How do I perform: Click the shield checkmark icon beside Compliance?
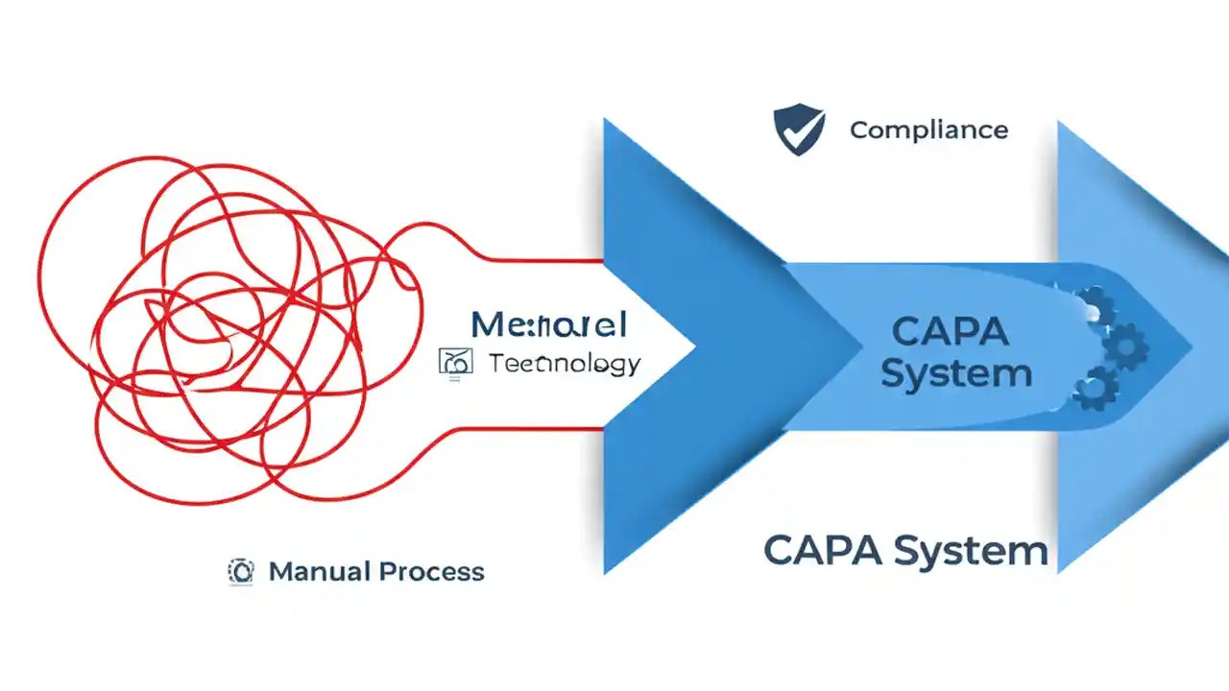pyautogui.click(x=799, y=130)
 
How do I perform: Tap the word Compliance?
pyautogui.click(x=928, y=130)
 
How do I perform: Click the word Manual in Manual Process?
pyautogui.click(x=319, y=572)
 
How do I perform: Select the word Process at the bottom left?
pyautogui.click(x=431, y=572)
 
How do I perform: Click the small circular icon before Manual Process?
pyautogui.click(x=241, y=572)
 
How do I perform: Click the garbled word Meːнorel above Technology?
pyautogui.click(x=549, y=324)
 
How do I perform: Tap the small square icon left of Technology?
pyautogui.click(x=454, y=362)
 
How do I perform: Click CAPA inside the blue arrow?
pyautogui.click(x=950, y=332)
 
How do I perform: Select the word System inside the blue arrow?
pyautogui.click(x=955, y=372)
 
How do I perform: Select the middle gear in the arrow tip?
pyautogui.click(x=1124, y=345)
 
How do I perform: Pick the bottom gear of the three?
pyautogui.click(x=1095, y=388)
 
